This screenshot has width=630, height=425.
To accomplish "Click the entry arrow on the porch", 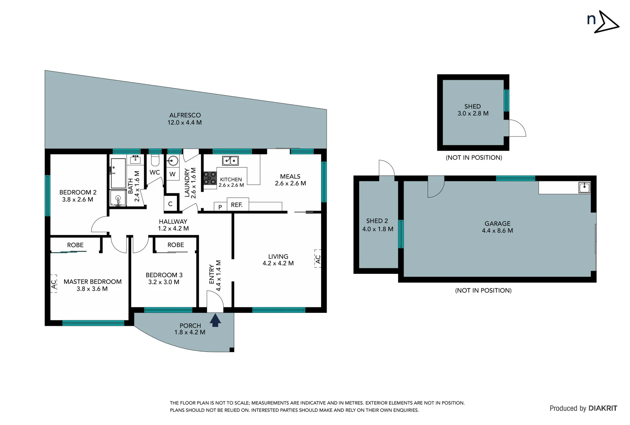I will [215, 320].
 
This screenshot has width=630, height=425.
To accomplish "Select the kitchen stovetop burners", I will [210, 178].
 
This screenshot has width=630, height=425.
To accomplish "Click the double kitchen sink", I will [230, 161].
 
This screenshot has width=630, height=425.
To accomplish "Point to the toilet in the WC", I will [155, 161].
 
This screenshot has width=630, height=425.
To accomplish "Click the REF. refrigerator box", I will [237, 205].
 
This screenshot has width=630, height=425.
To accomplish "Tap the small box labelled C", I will [171, 204].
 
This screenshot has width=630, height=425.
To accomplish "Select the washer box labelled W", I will [173, 174].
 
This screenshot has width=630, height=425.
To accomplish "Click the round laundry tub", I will [173, 161].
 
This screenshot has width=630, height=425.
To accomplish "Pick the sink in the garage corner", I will [584, 187].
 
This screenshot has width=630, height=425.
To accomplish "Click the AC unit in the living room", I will [318, 259].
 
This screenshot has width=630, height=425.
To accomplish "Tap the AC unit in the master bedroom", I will [54, 283].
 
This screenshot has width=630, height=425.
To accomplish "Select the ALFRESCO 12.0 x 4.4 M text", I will [185, 119].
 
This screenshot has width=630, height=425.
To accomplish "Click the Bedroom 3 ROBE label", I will [176, 245].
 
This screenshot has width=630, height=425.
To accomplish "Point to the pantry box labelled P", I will [220, 207].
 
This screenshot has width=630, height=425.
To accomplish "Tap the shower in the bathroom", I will [118, 198].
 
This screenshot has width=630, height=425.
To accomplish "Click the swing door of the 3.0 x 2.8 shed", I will [517, 128].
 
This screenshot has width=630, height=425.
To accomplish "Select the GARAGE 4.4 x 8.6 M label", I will [497, 227].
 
